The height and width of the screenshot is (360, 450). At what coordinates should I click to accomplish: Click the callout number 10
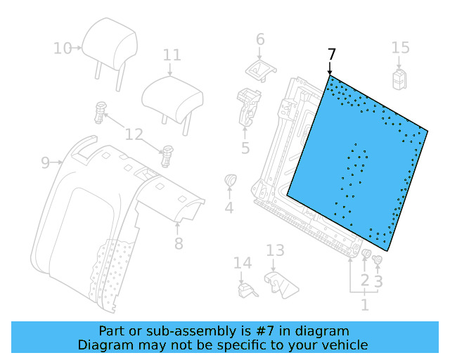click(63, 48)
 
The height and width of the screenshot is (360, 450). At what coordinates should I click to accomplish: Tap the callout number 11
click(172, 55)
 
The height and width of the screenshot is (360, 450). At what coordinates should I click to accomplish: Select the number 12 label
click(134, 134)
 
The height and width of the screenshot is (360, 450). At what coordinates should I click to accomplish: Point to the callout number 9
click(45, 163)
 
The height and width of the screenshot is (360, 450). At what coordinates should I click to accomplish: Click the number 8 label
click(179, 243)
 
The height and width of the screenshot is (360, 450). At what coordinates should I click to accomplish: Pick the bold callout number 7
click(332, 54)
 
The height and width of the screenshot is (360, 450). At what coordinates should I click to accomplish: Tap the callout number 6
click(259, 39)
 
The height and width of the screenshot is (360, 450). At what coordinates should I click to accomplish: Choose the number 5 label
click(245, 148)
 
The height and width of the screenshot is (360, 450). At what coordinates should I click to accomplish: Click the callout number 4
click(229, 207)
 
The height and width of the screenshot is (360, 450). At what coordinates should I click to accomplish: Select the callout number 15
click(400, 47)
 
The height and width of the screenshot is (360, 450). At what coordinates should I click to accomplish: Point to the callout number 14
click(242, 263)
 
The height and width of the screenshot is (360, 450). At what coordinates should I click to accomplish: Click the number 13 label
click(275, 250)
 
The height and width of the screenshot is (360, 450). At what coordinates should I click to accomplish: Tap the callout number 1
click(364, 305)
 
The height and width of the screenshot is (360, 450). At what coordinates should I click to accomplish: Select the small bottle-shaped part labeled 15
click(399, 76)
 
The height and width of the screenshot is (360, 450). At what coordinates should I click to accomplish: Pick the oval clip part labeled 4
click(229, 181)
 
